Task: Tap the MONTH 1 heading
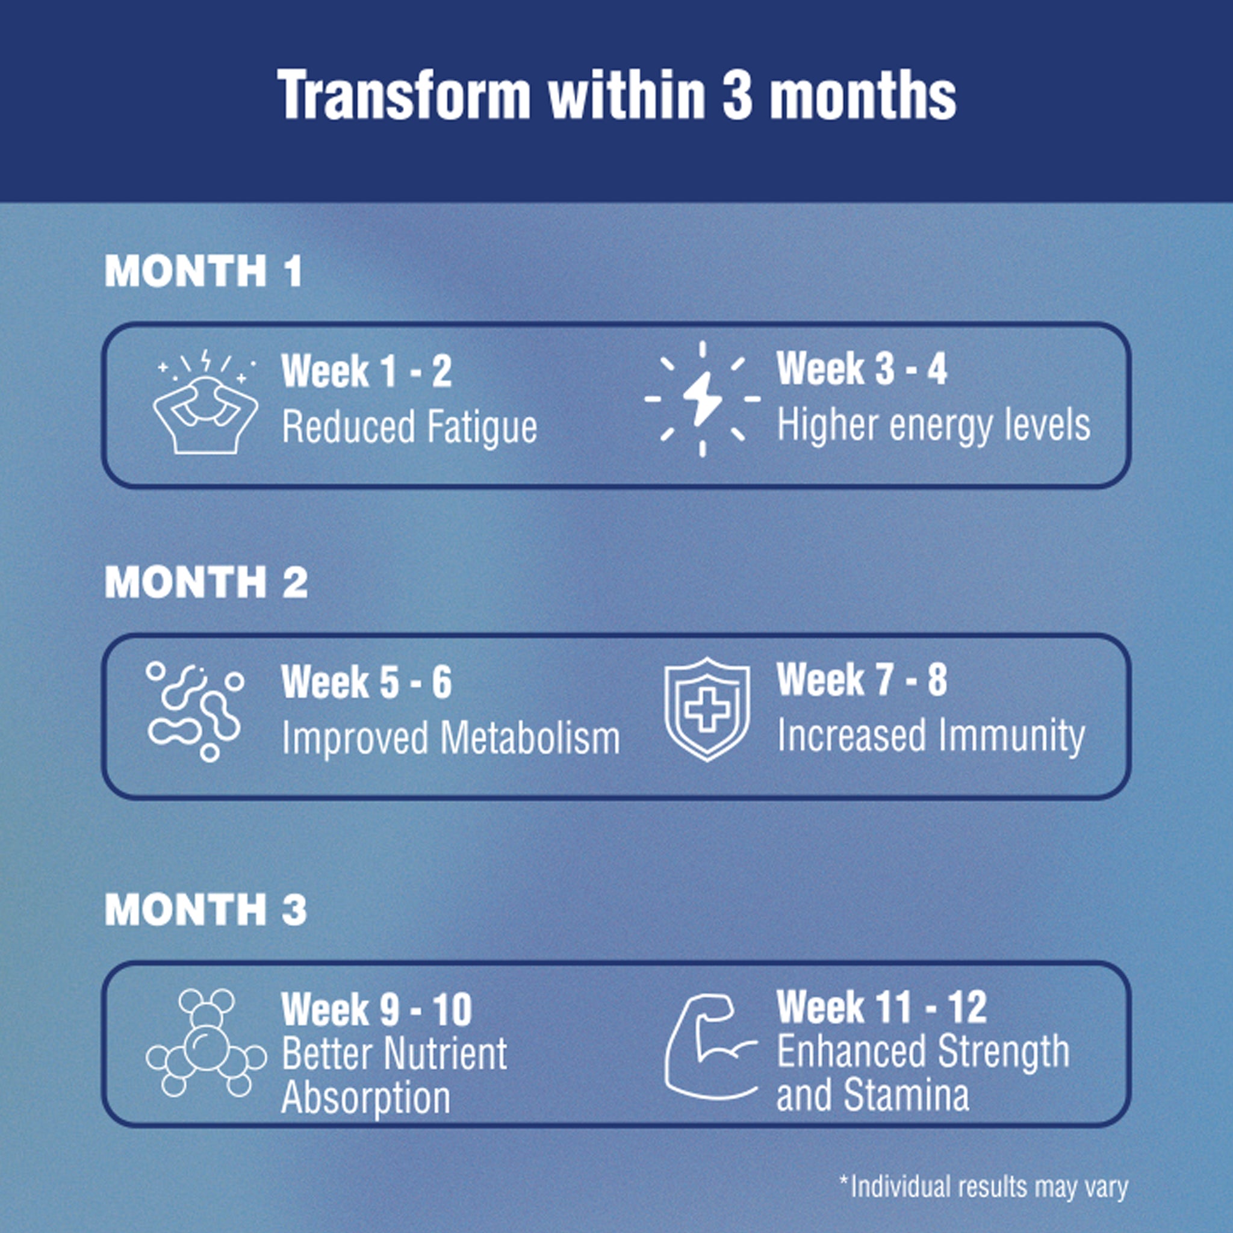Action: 203,270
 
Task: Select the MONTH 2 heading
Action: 206,582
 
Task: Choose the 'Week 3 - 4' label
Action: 862,368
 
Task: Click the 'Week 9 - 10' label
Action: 376,1009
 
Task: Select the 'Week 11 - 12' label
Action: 881,1007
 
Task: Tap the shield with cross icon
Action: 707,709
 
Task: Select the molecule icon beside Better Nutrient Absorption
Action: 205,1045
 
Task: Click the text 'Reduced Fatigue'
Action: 409,427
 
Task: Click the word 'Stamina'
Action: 906,1096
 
